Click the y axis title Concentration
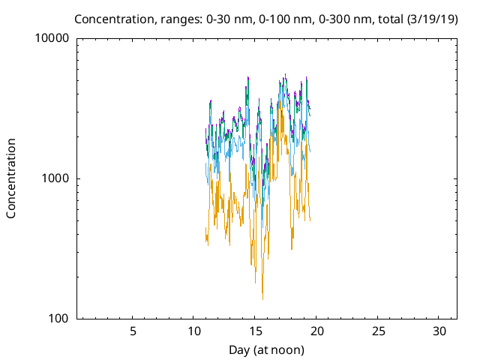click(x=11, y=178)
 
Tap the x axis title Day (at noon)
click(x=266, y=349)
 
